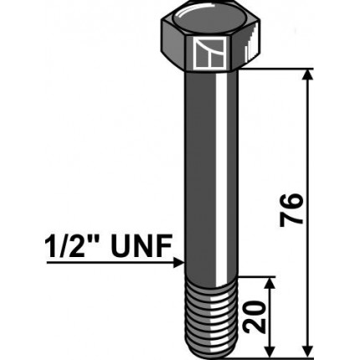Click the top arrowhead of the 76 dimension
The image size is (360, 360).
click(x=311, y=75)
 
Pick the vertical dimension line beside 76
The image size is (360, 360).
click(x=311, y=151)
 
